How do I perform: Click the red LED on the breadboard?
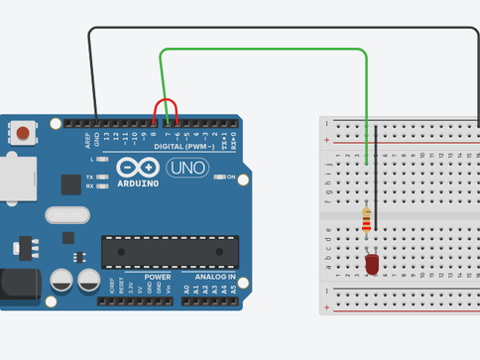(x=371, y=264)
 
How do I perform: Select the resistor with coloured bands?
(x=369, y=219)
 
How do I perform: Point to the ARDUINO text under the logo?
(x=136, y=182)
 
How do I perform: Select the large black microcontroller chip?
(x=170, y=252)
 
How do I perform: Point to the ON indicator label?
(x=229, y=178)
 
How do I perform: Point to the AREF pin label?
(x=86, y=138)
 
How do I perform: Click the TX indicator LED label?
(x=89, y=177)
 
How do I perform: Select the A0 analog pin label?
(x=185, y=290)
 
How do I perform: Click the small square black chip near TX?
(x=70, y=184)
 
